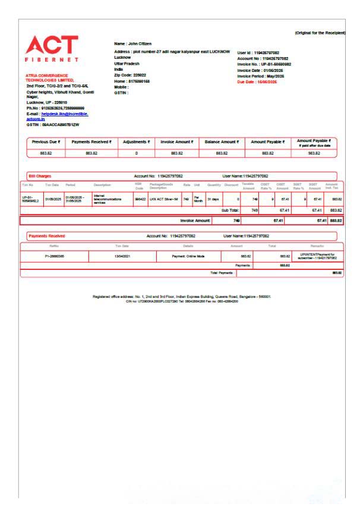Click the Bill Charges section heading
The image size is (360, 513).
click(41, 176)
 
